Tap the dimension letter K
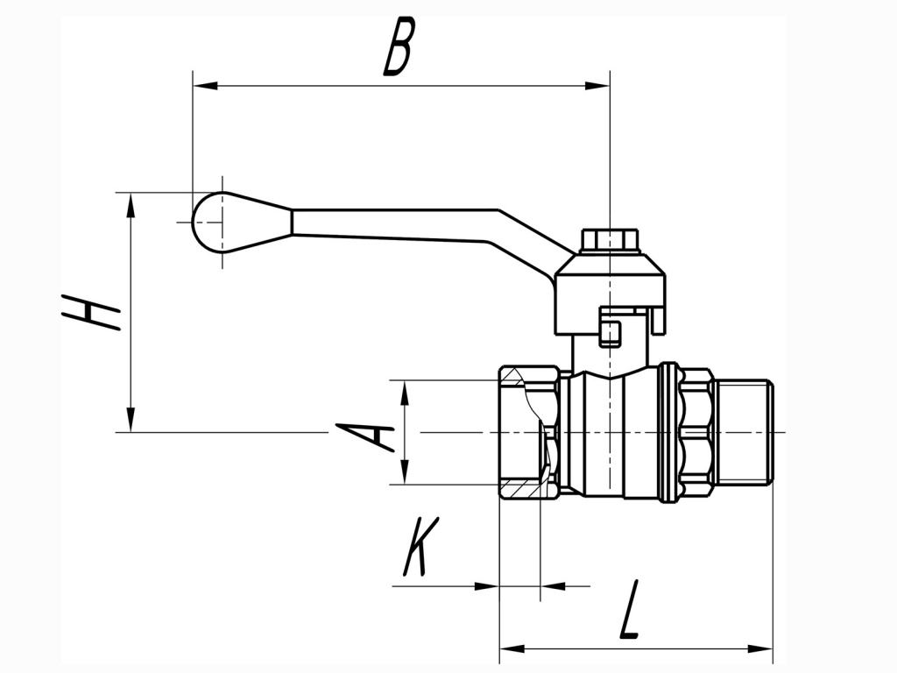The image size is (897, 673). pyautogui.click(x=419, y=548)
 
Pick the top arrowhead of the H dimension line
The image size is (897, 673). pyautogui.click(x=131, y=205)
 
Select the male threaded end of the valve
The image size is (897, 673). pyautogui.click(x=744, y=432)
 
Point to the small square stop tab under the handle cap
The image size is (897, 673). pyautogui.click(x=611, y=333)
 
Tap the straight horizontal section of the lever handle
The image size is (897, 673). pyautogui.click(x=394, y=222)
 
